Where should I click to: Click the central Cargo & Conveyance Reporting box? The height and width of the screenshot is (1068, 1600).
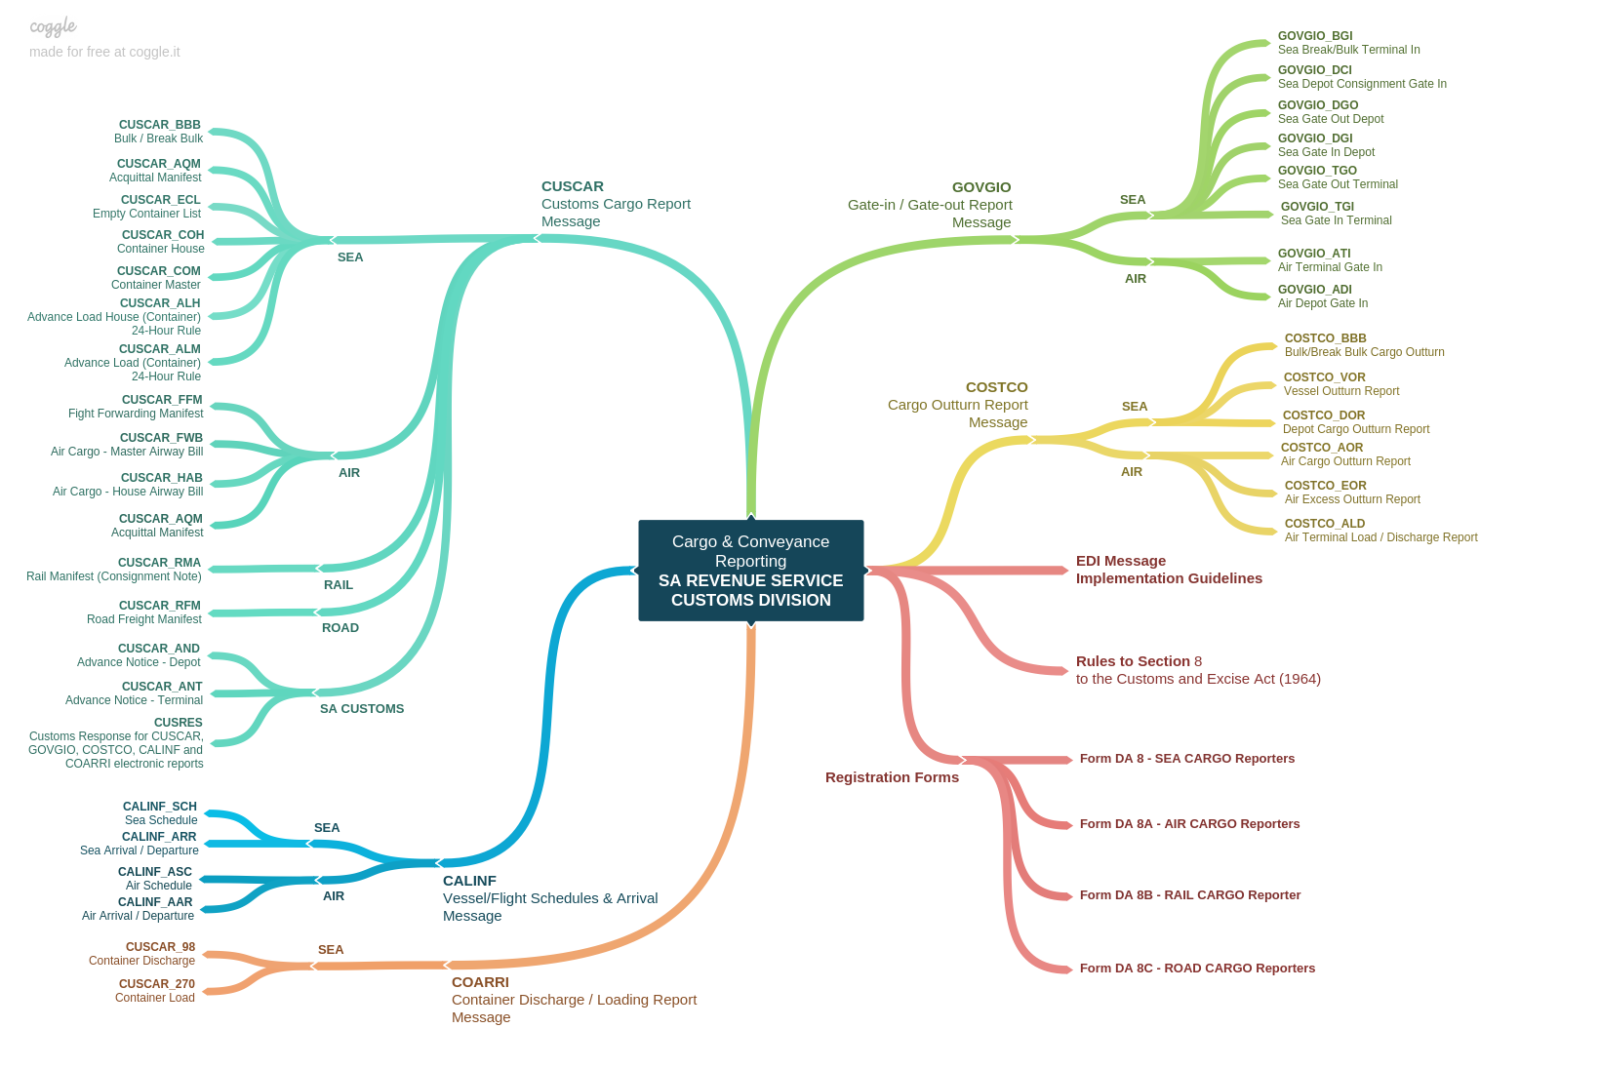[x=750, y=571]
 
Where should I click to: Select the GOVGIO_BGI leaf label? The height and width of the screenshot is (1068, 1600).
[x=1347, y=43]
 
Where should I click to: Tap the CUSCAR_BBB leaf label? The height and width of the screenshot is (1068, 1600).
[x=159, y=132]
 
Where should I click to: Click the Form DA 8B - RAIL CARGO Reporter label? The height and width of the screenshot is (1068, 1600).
[x=1189, y=895]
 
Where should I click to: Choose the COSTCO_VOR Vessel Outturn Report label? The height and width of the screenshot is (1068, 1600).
[x=1340, y=384]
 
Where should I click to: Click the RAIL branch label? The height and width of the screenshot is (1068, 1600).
[x=339, y=585]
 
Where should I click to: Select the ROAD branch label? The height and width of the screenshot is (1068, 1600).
[x=340, y=628]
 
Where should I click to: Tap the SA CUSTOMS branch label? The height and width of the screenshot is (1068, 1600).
[x=362, y=709]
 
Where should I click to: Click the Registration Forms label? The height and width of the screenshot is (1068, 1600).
[x=892, y=777]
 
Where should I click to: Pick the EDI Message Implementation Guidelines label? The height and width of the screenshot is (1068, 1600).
[x=1169, y=570]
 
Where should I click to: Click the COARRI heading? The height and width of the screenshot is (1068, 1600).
[x=480, y=982]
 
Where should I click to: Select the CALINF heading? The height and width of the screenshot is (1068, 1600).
[x=469, y=881]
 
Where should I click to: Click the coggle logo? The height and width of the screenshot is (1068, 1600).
[x=53, y=26]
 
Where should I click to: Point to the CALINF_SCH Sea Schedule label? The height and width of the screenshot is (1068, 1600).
[x=160, y=813]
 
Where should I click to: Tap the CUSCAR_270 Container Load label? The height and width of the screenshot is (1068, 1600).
[x=156, y=991]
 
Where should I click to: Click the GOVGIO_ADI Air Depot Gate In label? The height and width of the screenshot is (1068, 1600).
[x=1322, y=297]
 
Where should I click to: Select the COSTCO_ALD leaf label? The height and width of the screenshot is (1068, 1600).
[x=1380, y=531]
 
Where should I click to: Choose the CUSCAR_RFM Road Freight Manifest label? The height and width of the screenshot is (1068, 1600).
[x=144, y=613]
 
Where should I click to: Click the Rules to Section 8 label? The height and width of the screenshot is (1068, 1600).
[x=1197, y=670]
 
